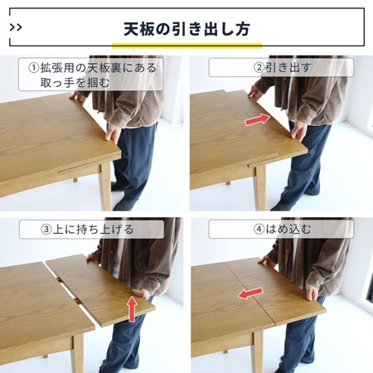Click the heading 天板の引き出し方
pyautogui.click(x=186, y=27)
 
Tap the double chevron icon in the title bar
pyautogui.click(x=17, y=27)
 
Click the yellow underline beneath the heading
pyautogui.click(x=186, y=46)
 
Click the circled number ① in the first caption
pyautogui.click(x=34, y=68)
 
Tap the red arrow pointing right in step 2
pyautogui.click(x=257, y=120)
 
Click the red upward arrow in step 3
pyautogui.click(x=132, y=309)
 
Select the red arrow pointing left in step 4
pyautogui.click(x=250, y=293)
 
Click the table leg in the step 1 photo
pyautogui.click(x=105, y=186)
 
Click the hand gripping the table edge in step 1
pyautogui.click(x=112, y=133)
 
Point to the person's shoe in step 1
pyautogui.click(x=124, y=203)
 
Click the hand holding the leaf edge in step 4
pyautogui.click(x=312, y=292)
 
